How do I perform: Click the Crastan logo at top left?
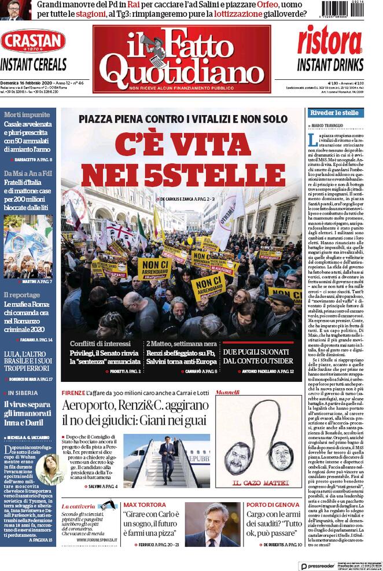(33, 41)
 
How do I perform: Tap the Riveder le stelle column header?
(335, 112)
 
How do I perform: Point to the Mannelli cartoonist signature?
(227, 393)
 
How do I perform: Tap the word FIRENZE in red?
(74, 393)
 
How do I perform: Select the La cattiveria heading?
(80, 506)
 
